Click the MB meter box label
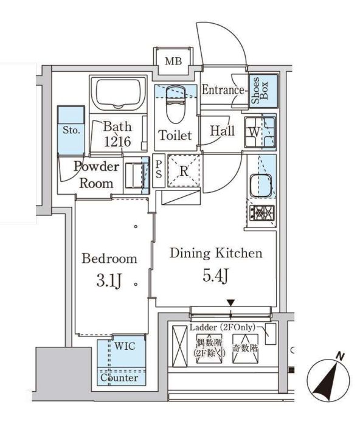pos(174,61)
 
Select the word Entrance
pos(223,90)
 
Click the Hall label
pos(223,130)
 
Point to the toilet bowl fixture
pos(175,108)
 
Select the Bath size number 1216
pos(116,141)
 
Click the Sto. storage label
pos(69,130)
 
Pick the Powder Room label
pos(96,175)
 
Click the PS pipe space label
pos(157,170)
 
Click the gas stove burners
pos(261,214)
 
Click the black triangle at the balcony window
pos(230,303)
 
